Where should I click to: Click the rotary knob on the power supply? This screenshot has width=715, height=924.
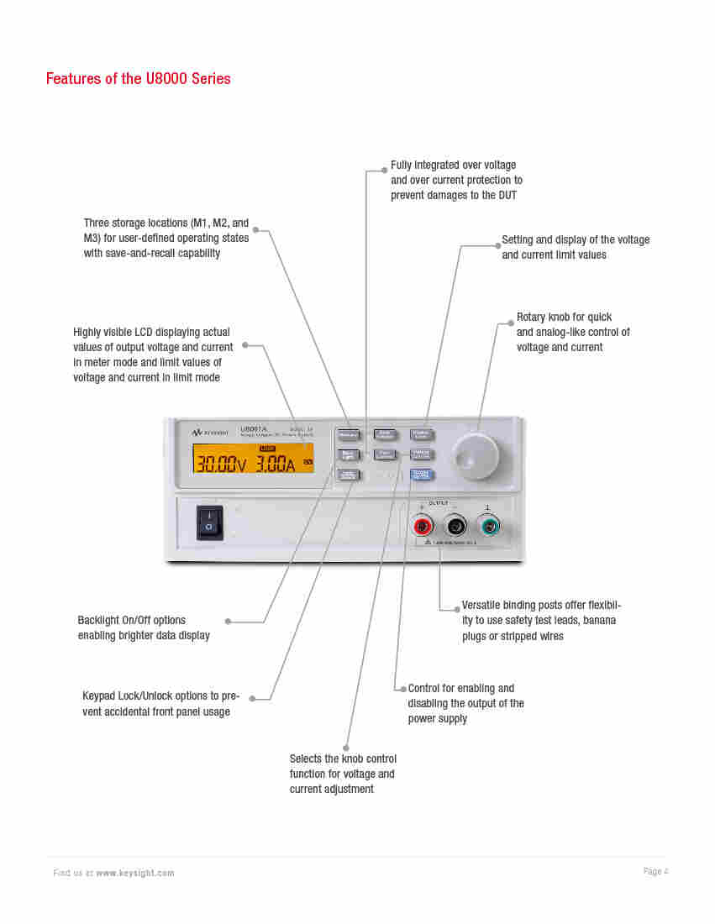(x=475, y=456)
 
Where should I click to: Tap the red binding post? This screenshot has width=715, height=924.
(x=423, y=527)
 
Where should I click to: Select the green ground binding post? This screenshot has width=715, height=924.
(x=488, y=527)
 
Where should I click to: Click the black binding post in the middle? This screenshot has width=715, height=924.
(x=455, y=527)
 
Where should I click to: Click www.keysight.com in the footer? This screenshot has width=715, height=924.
(x=135, y=874)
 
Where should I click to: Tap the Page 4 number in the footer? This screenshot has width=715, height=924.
(x=655, y=872)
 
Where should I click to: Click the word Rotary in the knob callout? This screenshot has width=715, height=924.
(x=531, y=318)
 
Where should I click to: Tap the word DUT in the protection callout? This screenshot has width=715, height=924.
(x=506, y=196)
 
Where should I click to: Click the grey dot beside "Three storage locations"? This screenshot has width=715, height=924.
(x=256, y=229)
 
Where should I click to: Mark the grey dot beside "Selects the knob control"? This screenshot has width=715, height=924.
(x=345, y=748)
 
